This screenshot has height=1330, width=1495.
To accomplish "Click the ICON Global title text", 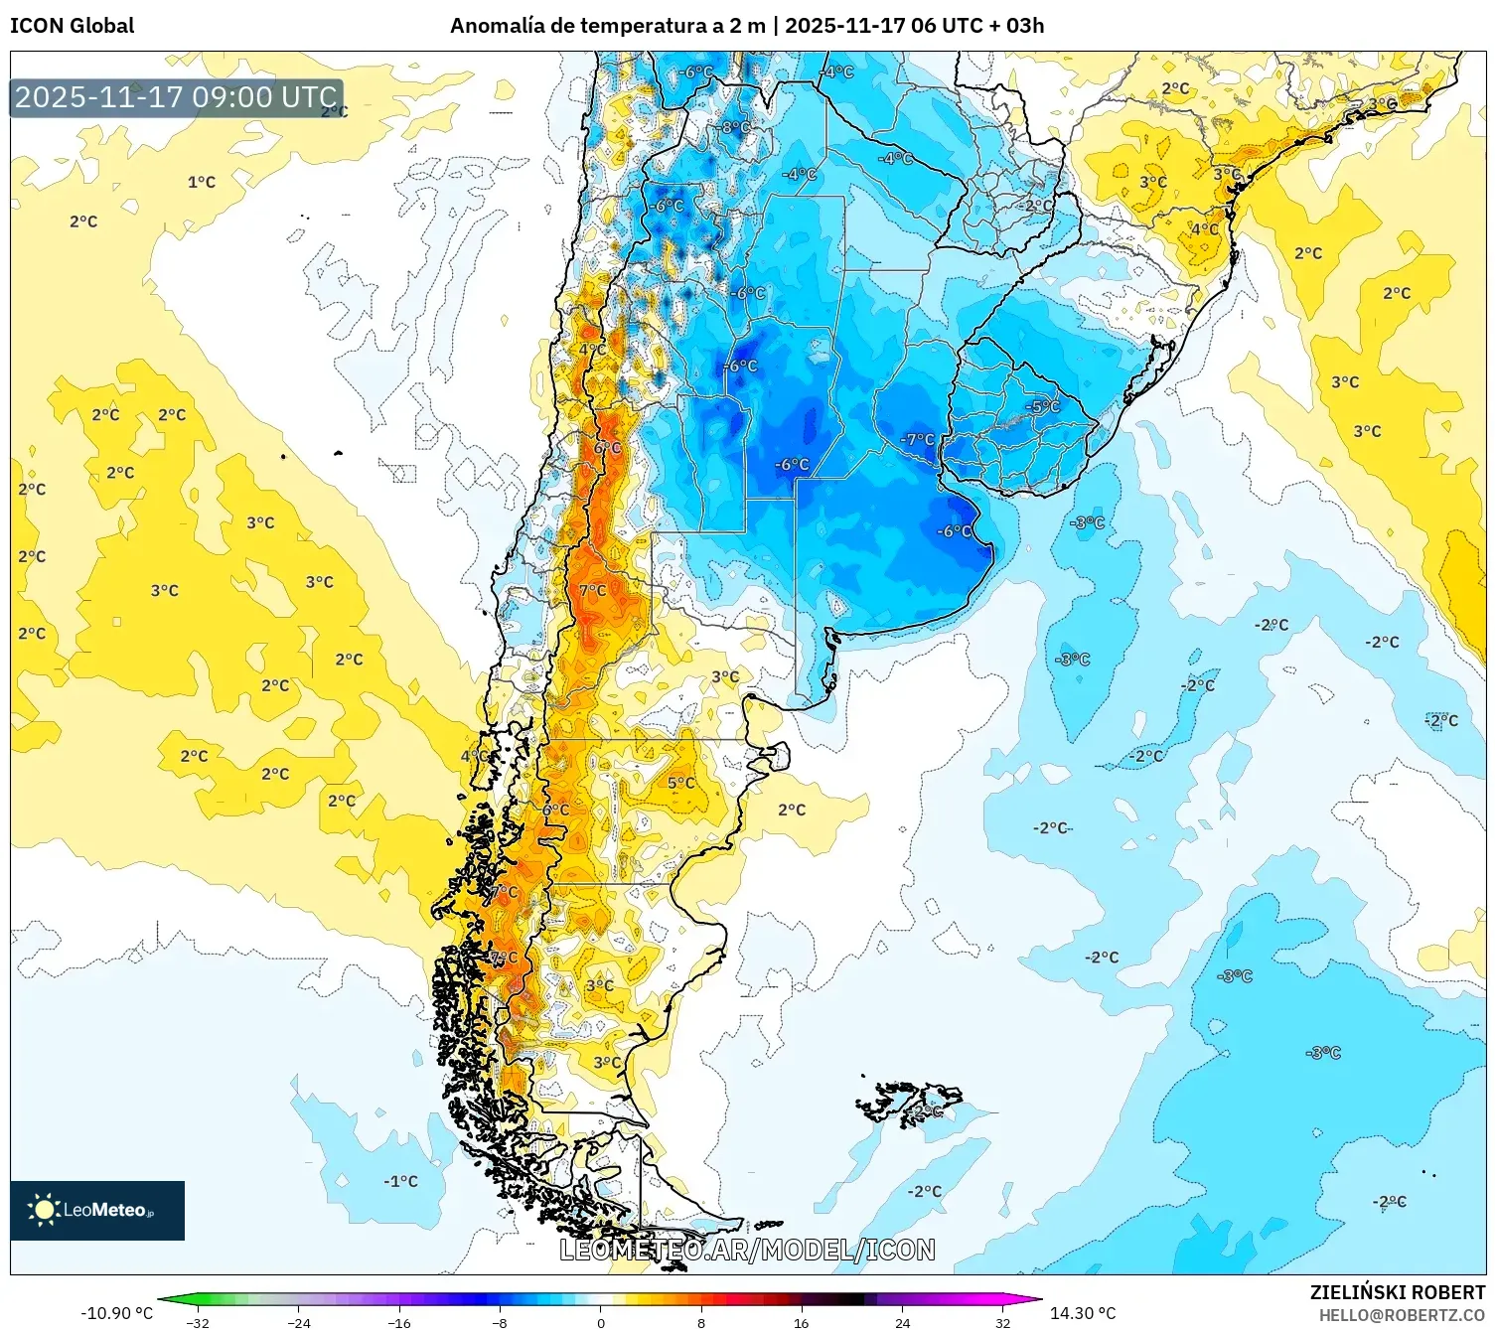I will coord(72,26).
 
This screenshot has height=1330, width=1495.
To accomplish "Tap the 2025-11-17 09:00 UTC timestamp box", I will coord(176,97).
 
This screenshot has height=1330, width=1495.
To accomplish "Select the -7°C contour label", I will coord(917,439).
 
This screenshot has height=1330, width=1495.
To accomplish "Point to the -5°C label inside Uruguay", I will coord(1043,406).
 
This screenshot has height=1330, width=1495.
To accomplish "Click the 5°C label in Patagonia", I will coord(680,783).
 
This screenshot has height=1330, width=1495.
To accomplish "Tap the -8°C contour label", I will coord(736,127).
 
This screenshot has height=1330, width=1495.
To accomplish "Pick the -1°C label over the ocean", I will coord(400,1181).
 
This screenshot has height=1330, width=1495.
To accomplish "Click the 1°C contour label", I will coord(202,182).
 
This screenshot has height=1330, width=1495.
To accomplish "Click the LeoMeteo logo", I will coord(96,1210).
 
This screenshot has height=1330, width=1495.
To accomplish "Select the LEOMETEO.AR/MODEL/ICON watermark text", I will coord(747,1250).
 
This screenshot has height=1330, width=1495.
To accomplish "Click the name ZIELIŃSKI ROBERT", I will coord(1397,1292).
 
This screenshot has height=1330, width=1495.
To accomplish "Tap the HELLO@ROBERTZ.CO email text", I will coord(1401,1315).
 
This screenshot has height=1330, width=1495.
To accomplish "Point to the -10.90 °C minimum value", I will coord(116,1313).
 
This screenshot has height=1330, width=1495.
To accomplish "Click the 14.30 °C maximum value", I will coord(1083,1313).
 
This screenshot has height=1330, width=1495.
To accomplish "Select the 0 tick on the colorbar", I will coord(600,1322).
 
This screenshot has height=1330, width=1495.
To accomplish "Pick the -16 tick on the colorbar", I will coord(398,1322).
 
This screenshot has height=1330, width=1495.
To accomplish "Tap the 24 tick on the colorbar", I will coord(902,1322).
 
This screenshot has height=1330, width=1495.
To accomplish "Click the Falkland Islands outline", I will coord(909,1103).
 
